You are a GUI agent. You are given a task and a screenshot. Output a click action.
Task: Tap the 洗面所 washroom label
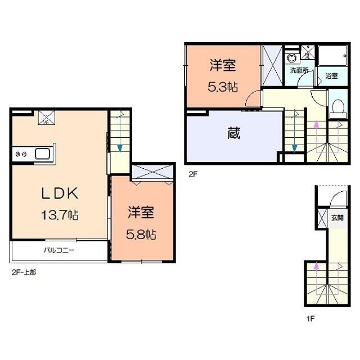tap(299, 71)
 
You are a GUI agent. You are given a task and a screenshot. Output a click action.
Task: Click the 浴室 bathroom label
tap(331, 76)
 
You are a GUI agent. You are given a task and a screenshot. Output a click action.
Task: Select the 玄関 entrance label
tap(336, 218)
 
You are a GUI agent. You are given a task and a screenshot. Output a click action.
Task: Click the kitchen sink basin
tap(43, 154)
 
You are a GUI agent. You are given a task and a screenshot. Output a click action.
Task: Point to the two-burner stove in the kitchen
tap(21, 154)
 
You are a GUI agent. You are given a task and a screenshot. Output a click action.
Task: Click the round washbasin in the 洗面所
tap(291, 58)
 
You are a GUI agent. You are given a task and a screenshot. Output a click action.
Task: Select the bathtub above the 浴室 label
tap(334, 57)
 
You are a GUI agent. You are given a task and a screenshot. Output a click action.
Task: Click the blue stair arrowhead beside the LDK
tap(120, 148)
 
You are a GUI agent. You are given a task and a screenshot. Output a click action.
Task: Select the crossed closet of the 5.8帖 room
tap(152, 170)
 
